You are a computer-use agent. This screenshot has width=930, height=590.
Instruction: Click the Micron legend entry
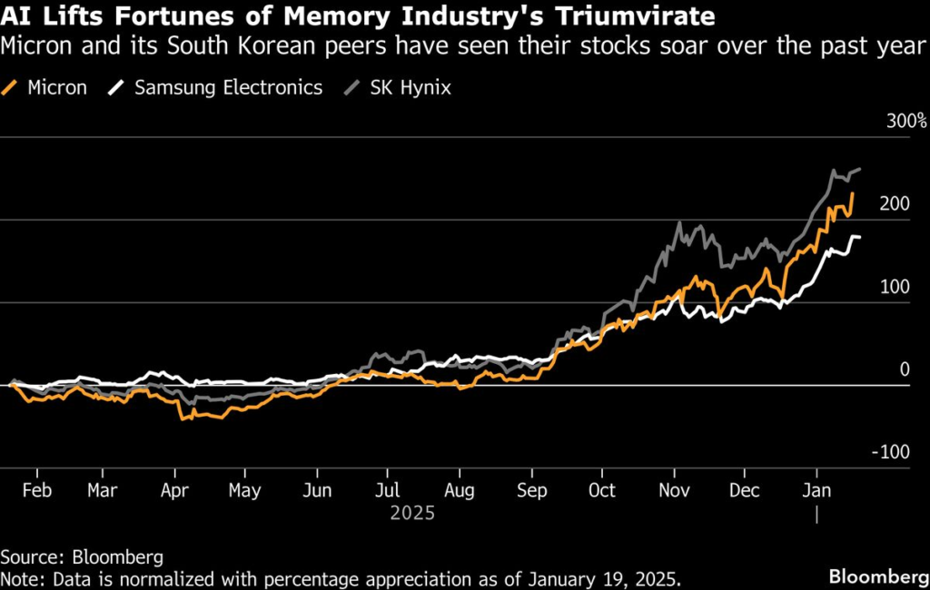click(x=47, y=88)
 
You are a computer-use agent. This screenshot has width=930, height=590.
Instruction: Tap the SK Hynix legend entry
click(x=401, y=88)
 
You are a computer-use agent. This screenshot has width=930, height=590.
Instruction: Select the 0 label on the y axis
click(x=904, y=369)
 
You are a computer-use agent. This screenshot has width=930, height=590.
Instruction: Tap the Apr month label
click(x=173, y=490)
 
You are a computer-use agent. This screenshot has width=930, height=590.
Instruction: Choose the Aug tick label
click(x=459, y=490)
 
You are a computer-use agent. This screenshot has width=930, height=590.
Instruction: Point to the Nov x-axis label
click(x=675, y=490)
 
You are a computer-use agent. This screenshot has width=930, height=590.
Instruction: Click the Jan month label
click(x=816, y=490)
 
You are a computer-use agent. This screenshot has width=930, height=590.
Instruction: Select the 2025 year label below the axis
click(x=413, y=513)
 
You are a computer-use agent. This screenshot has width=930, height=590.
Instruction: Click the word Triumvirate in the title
click(x=624, y=15)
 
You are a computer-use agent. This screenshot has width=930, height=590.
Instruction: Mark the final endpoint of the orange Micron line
click(x=853, y=193)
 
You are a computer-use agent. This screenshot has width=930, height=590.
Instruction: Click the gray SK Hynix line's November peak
click(x=678, y=222)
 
